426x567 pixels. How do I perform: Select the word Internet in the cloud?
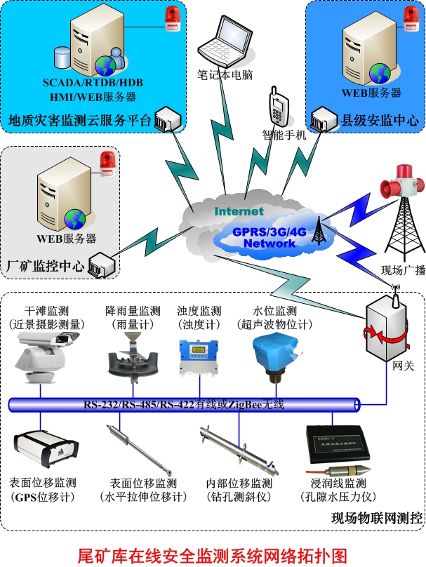[x=239, y=211]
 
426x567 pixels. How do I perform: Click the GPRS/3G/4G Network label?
[x=269, y=236]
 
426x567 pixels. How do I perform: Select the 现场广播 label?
[x=403, y=270]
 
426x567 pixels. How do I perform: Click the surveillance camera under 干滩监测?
[x=42, y=355]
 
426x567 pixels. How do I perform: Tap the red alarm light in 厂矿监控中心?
[x=107, y=162]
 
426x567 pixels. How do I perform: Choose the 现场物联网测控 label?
[x=377, y=519]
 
